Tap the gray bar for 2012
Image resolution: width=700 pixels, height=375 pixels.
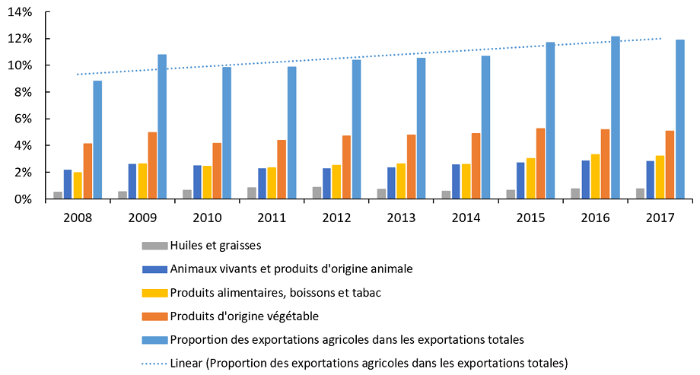click(317, 193)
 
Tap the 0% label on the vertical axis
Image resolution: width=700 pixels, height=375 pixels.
click(23, 199)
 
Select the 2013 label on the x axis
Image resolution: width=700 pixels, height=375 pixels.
click(401, 218)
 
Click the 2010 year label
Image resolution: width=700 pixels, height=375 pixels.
click(207, 218)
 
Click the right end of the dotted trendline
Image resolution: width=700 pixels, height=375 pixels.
click(660, 39)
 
